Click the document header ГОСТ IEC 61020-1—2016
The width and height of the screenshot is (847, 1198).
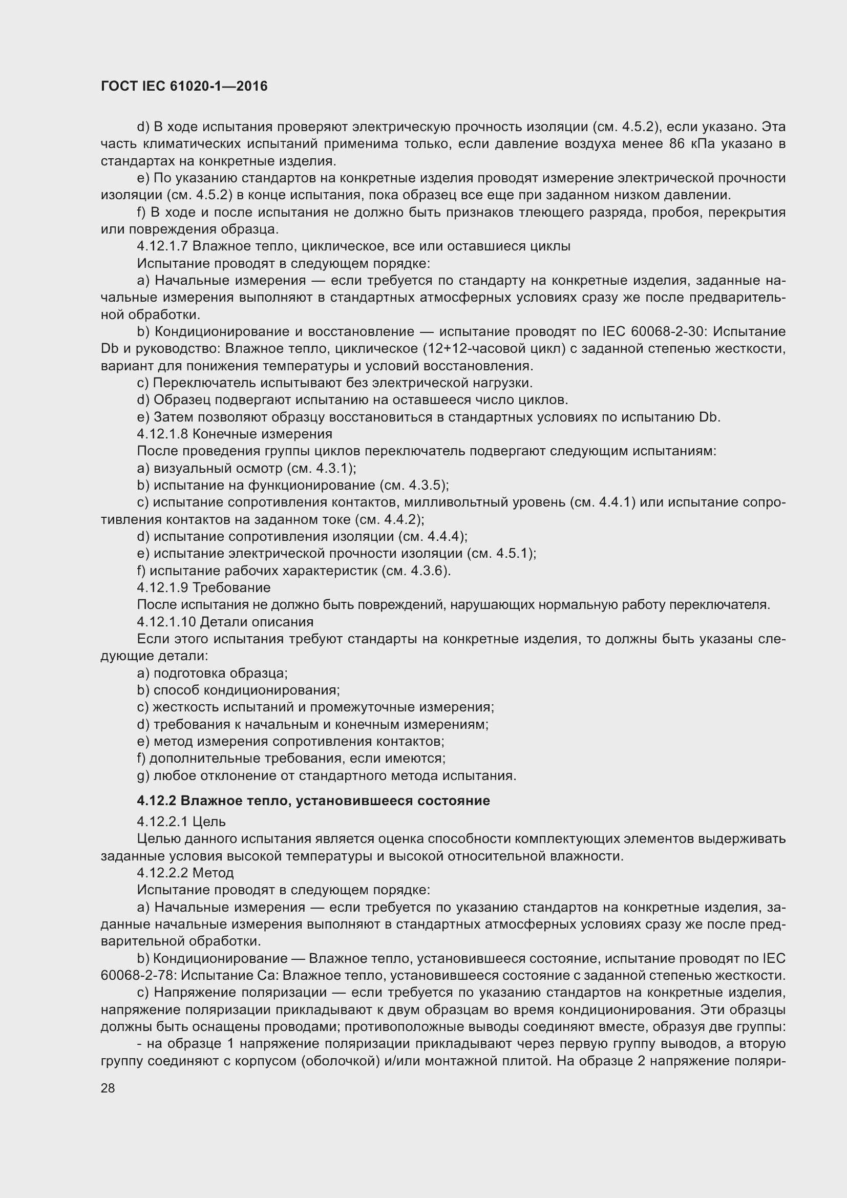tap(184, 87)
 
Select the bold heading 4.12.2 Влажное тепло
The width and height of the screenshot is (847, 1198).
tap(313, 801)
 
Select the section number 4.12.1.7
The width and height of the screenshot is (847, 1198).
tap(162, 246)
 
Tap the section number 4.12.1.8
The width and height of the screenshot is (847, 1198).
tap(162, 434)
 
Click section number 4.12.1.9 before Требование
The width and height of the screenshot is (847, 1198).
tap(162, 587)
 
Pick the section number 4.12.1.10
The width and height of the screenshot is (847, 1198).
tap(166, 622)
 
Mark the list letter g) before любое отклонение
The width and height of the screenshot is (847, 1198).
tap(143, 776)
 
